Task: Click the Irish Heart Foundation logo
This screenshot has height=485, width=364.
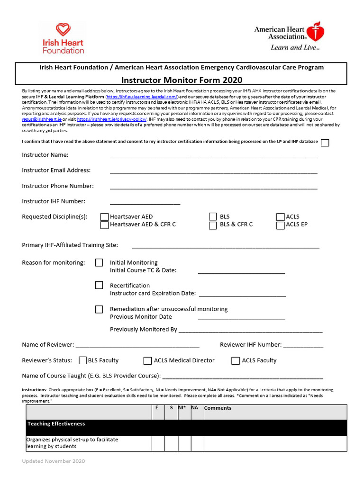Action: tap(63, 38)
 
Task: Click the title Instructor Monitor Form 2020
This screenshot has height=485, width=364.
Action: tap(182, 80)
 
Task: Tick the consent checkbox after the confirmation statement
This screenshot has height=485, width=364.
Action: tap(325, 143)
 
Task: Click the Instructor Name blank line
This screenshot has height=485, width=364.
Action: tap(213, 155)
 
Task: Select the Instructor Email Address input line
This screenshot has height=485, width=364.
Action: tap(213, 171)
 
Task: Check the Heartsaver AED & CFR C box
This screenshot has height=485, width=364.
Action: tap(104, 225)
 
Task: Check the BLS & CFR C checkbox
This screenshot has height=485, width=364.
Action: tap(213, 225)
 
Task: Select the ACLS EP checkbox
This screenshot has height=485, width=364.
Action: tap(280, 225)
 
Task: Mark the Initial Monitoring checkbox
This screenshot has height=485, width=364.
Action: tap(99, 262)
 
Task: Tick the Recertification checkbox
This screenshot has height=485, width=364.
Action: tap(99, 285)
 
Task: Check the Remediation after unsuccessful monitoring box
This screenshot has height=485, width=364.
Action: tap(99, 309)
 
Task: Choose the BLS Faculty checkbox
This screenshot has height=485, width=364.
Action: tap(83, 361)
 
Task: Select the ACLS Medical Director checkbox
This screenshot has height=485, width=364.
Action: tap(148, 361)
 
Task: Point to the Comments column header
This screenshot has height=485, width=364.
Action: tap(218, 408)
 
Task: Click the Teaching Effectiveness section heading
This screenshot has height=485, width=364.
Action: tap(56, 424)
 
